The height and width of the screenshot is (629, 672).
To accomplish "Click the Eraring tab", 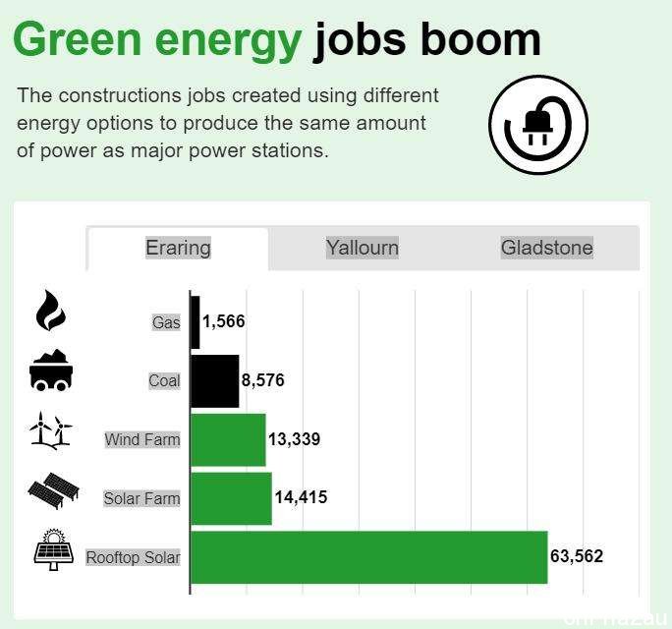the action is click(x=178, y=249).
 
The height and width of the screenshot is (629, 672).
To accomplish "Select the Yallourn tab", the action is click(x=363, y=248).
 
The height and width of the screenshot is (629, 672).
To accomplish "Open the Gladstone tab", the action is click(x=547, y=248).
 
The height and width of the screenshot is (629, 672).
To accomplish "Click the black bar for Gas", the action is click(x=195, y=322).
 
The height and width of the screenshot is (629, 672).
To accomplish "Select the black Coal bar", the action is click(x=215, y=380).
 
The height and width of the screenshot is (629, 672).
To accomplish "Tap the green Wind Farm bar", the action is click(x=228, y=440).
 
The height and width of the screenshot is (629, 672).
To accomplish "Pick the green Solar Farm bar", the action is click(x=231, y=498).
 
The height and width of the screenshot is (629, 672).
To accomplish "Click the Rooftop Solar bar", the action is click(x=369, y=557).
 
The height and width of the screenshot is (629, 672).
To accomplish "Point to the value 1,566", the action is click(x=224, y=321).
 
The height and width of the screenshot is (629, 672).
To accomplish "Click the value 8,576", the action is click(x=262, y=380).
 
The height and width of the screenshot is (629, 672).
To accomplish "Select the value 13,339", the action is click(x=294, y=439).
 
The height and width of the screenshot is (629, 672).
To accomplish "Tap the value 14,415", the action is click(x=301, y=497).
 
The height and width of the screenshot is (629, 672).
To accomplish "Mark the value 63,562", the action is click(x=577, y=556).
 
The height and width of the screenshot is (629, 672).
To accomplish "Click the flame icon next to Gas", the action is click(x=50, y=311).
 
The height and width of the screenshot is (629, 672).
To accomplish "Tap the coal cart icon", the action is click(x=51, y=371).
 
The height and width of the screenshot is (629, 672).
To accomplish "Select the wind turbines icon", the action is click(x=51, y=430).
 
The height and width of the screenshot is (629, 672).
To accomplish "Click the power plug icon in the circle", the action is click(x=537, y=125).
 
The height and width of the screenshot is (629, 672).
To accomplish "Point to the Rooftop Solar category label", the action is click(x=133, y=557).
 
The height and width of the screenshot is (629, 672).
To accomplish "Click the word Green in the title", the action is click(x=78, y=39).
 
